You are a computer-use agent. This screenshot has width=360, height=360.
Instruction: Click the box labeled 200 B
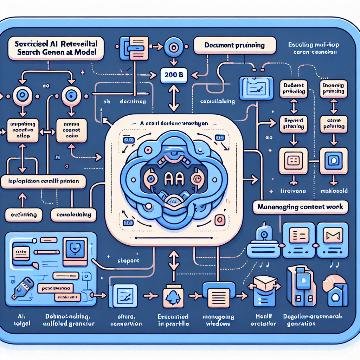pyautogui.click(x=173, y=75)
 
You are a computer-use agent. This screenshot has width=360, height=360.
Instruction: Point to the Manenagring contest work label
pyautogui.click(x=300, y=207)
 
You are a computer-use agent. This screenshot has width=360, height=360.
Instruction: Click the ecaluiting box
pyautogui.click(x=23, y=214)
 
